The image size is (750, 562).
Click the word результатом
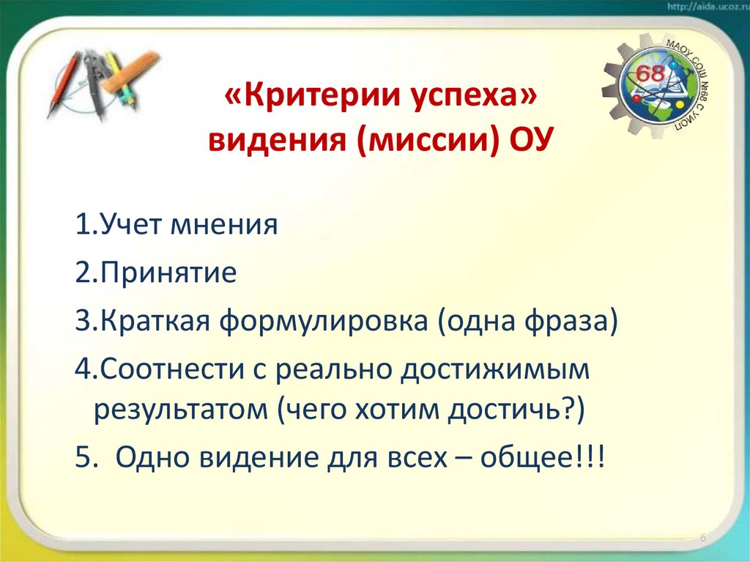click(x=181, y=410)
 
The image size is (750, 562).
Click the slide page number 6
click(x=703, y=539)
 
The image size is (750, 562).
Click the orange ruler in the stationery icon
click(x=130, y=71)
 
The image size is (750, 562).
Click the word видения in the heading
click(x=278, y=138)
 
